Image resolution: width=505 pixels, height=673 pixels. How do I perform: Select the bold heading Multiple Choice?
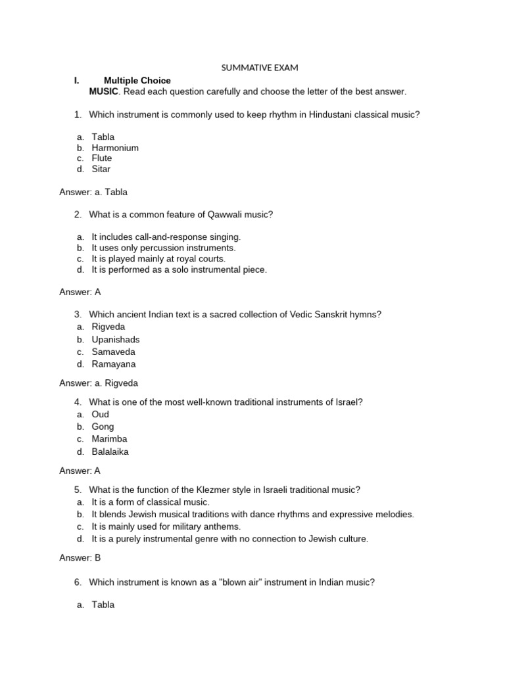pyautogui.click(x=137, y=80)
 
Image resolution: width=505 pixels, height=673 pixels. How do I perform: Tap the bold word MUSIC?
pyautogui.click(x=104, y=91)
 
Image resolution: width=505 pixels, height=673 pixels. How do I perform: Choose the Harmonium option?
pyautogui.click(x=115, y=148)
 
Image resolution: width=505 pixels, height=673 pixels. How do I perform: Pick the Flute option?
pyautogui.click(x=102, y=158)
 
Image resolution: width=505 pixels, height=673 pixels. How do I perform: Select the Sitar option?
pyautogui.click(x=101, y=169)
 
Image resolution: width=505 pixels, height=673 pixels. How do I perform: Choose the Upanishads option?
pyautogui.click(x=116, y=340)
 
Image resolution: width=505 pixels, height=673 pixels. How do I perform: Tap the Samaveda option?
pyautogui.click(x=113, y=352)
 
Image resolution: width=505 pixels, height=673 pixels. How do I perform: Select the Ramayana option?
pyautogui.click(x=114, y=364)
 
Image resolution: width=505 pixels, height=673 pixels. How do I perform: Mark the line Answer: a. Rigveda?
pyautogui.click(x=99, y=383)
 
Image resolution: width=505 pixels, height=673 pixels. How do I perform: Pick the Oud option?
pyautogui.click(x=101, y=414)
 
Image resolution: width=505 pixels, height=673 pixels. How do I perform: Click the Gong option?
pyautogui.click(x=103, y=427)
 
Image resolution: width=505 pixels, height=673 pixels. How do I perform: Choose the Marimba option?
pyautogui.click(x=109, y=438)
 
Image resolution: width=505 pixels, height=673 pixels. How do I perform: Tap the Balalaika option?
pyautogui.click(x=110, y=452)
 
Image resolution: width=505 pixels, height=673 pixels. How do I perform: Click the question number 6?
pyautogui.click(x=77, y=582)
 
